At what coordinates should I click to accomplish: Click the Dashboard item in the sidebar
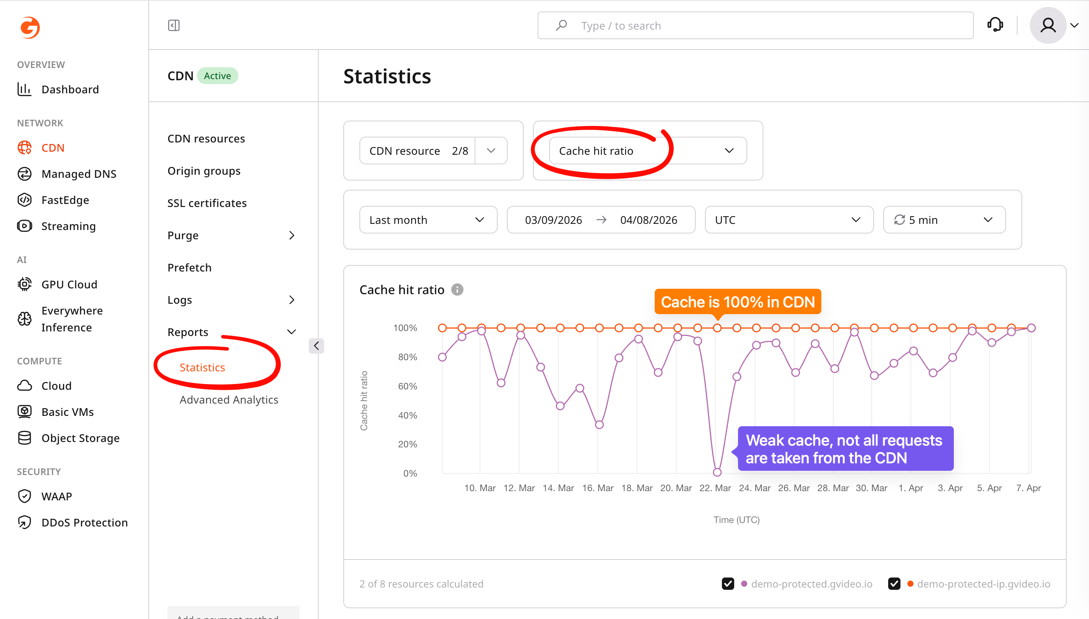point(70,89)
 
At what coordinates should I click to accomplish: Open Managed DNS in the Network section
point(79,174)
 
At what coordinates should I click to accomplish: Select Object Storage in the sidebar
point(80,438)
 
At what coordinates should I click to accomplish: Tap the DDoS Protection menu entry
point(84,523)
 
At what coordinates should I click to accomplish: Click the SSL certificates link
point(207,203)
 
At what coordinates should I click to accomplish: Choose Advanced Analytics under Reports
point(229,400)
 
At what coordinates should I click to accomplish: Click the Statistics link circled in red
point(202,367)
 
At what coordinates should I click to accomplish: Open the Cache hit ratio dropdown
point(647,151)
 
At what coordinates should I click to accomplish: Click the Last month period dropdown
point(428,220)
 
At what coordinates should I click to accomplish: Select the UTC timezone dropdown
point(788,220)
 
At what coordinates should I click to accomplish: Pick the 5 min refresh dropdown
point(943,220)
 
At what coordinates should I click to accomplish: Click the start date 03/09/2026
point(553,220)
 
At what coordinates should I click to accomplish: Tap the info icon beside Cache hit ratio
point(457,290)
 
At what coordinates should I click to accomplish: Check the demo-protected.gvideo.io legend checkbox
point(728,584)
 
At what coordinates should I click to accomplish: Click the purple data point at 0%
point(717,472)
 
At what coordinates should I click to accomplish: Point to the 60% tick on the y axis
point(407,386)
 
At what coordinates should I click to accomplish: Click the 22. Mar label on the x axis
point(715,488)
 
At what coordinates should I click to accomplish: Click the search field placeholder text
point(621,26)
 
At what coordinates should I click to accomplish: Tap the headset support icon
point(995,25)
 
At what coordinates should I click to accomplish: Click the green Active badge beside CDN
point(217,76)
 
